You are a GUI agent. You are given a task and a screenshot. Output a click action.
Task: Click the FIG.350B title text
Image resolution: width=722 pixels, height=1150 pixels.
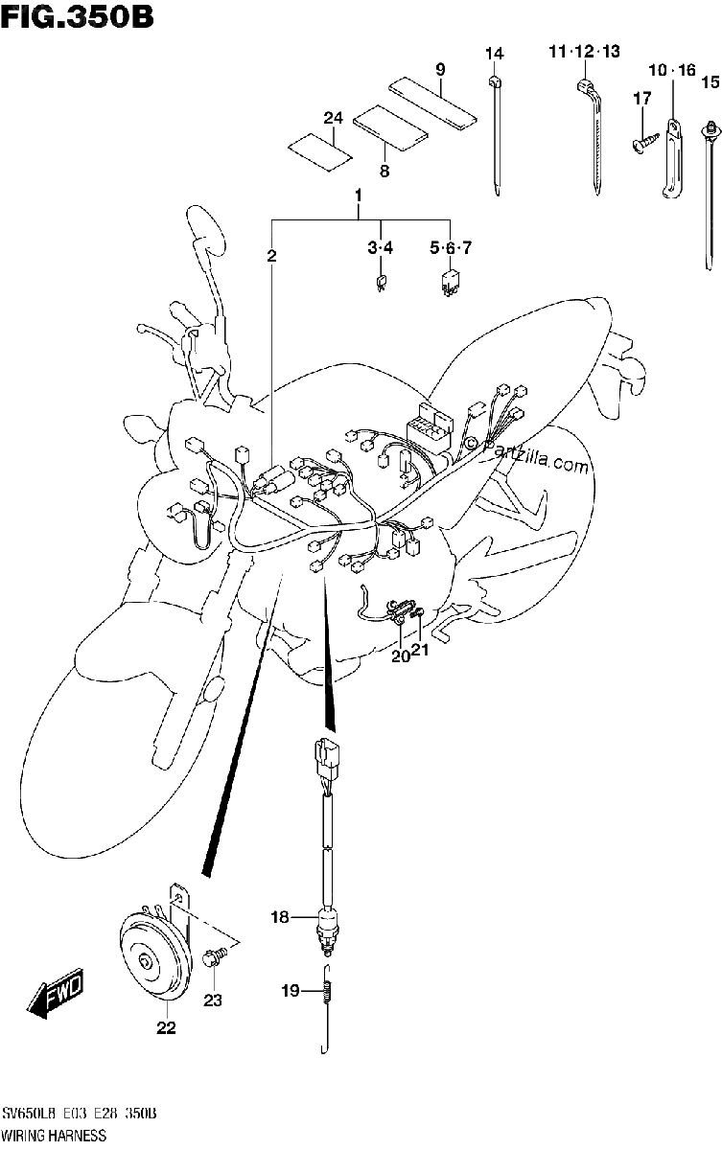[77, 16]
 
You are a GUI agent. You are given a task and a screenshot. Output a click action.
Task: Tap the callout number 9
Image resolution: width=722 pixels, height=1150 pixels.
[440, 69]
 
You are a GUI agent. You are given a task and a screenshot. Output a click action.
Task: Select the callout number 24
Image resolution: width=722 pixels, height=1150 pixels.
[333, 118]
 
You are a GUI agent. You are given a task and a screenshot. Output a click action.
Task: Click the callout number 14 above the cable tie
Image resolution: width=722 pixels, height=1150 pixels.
[495, 54]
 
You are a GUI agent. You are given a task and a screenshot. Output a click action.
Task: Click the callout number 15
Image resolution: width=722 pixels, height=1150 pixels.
[710, 81]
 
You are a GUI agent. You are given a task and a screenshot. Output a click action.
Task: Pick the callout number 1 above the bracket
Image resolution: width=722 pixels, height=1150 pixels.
[359, 195]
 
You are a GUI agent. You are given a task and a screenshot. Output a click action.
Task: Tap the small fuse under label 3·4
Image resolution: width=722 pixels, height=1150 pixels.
[381, 283]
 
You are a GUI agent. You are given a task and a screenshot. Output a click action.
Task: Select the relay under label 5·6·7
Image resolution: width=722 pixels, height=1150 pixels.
[450, 282]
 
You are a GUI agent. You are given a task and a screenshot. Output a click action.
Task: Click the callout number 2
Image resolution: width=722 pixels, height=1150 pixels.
[271, 255]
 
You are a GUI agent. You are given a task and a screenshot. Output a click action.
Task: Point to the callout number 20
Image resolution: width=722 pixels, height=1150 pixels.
[400, 656]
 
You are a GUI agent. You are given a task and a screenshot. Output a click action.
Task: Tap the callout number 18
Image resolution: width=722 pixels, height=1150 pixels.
[280, 916]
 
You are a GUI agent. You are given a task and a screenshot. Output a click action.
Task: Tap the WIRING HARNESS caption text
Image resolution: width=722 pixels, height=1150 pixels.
[53, 1137]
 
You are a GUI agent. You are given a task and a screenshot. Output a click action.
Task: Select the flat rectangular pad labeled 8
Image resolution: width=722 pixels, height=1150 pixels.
[391, 128]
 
